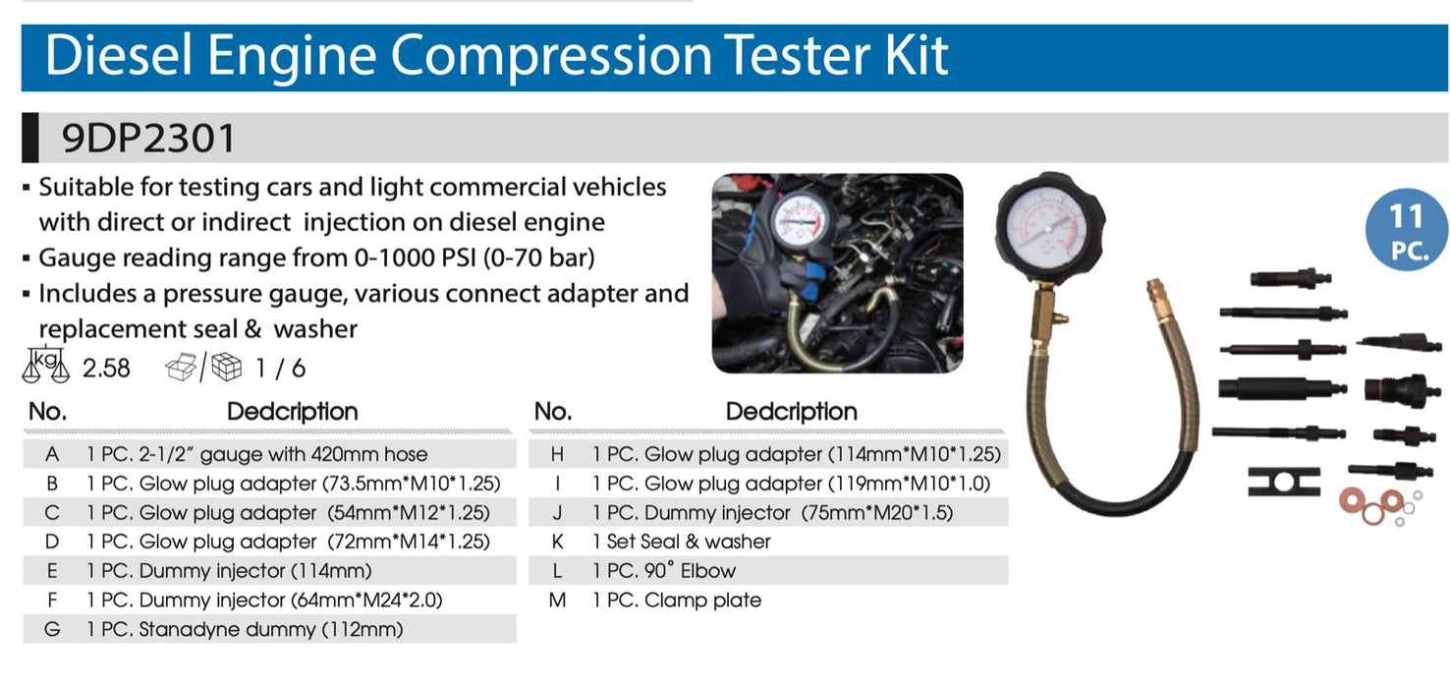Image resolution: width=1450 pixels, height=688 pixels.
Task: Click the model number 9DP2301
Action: [x=148, y=138]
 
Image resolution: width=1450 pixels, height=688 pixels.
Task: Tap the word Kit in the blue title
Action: [x=916, y=55]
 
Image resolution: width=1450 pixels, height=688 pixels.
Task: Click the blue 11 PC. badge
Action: [x=1406, y=230]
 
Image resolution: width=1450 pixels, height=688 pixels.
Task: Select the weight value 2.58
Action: [x=106, y=368]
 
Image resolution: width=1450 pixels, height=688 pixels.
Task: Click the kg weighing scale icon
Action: [x=46, y=366]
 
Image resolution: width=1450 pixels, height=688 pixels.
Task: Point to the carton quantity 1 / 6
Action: [x=280, y=368]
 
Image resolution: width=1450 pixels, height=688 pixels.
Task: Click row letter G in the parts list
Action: [x=52, y=629]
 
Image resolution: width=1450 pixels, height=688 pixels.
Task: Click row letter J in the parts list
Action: [x=557, y=512]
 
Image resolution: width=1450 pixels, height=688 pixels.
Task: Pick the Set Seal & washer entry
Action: [x=682, y=541]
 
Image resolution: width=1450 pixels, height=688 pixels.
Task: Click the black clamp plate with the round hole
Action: [x=1284, y=482]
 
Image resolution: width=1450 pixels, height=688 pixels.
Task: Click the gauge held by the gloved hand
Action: [x=800, y=221]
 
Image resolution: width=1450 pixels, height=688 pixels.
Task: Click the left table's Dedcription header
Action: [x=293, y=412]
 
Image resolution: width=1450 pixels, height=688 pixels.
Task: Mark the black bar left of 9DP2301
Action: [x=29, y=138]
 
